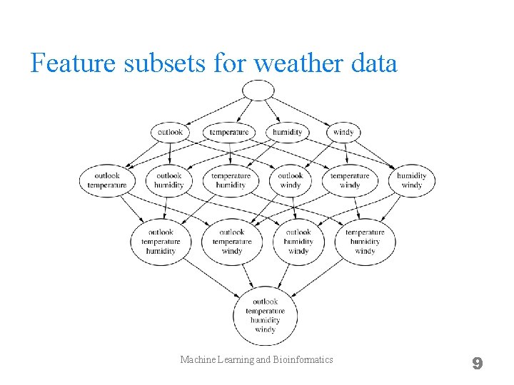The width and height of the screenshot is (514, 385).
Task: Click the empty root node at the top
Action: tap(258, 90)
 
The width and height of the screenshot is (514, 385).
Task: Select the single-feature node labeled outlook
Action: tap(170, 132)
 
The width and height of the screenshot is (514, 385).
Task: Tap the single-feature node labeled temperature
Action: tap(230, 132)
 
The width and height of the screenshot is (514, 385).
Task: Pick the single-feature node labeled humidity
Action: tap(287, 132)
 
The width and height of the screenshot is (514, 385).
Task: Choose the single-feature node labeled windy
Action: tap(343, 132)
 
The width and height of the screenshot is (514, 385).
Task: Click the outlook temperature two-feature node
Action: tap(106, 180)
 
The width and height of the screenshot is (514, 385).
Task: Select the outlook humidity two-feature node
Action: tap(169, 180)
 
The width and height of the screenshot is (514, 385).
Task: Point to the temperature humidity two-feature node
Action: tap(231, 180)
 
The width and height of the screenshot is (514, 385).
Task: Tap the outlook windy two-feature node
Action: tap(290, 180)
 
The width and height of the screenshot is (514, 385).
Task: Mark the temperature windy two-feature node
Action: tap(350, 180)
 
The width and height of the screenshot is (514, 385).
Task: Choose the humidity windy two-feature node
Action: tap(412, 180)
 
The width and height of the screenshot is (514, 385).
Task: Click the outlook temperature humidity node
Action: tap(161, 242)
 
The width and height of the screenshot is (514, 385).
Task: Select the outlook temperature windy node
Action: tap(232, 242)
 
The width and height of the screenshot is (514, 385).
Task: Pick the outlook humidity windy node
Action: tap(298, 242)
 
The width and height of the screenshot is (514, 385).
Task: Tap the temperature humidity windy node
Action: tap(365, 242)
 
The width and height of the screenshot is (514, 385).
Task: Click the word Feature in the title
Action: tap(74, 63)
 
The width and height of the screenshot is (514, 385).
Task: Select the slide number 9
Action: tap(477, 364)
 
